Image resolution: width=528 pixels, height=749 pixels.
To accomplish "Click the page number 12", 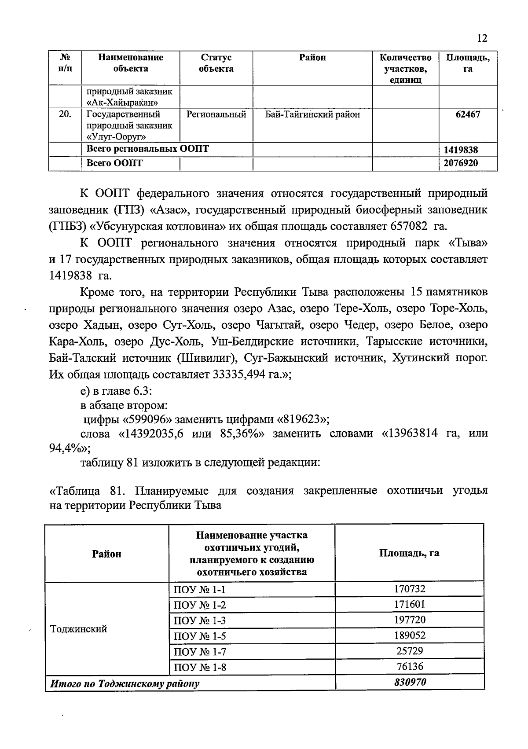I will [x=482, y=38].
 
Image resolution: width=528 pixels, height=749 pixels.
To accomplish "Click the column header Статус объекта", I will [x=216, y=63].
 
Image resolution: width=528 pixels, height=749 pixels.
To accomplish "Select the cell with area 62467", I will [x=468, y=114].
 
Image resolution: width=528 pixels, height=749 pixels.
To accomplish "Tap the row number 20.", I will [x=65, y=114].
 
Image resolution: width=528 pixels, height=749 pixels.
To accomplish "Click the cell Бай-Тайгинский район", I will [x=312, y=114].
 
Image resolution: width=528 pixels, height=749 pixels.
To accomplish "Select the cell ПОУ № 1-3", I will [x=200, y=621].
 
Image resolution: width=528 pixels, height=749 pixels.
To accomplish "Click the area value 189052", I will [x=409, y=635].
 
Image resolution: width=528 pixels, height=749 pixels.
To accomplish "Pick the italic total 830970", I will [x=409, y=683].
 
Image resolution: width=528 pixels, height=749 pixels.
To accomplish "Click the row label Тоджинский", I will [x=79, y=629].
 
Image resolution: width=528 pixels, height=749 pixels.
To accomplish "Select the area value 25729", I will [x=409, y=651].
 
